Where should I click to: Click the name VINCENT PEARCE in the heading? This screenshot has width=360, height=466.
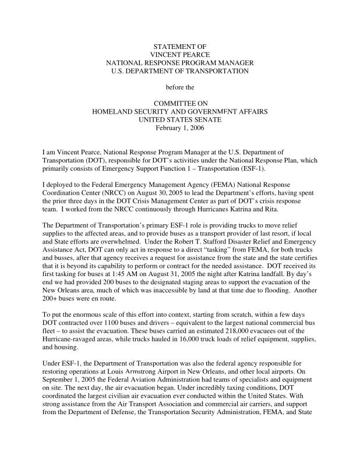coord(179,54)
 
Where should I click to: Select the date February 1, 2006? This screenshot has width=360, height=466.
coord(179,128)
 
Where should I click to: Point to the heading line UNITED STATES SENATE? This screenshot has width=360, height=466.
coord(179,119)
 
